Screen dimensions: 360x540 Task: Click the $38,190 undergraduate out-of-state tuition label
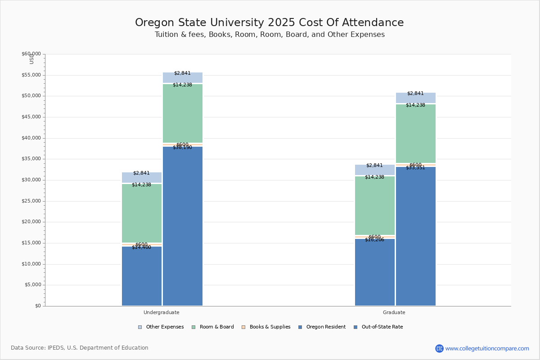coord(182,148)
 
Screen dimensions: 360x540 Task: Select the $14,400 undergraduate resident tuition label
coord(141,247)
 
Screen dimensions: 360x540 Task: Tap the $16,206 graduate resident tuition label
coord(374,240)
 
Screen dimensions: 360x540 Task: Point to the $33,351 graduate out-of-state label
coord(415,168)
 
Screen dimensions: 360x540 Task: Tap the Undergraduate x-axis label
coord(162,312)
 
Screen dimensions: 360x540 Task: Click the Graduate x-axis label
coord(394,312)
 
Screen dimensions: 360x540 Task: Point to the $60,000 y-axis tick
coord(31,54)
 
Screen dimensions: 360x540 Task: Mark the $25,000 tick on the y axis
coord(31,201)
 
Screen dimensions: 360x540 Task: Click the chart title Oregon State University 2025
coord(269,23)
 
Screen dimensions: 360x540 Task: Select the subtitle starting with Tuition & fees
coord(269,35)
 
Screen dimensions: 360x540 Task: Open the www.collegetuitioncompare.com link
coord(487,348)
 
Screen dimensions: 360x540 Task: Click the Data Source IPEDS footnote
coord(80,348)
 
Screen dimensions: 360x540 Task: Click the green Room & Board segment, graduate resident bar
coord(375,205)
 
